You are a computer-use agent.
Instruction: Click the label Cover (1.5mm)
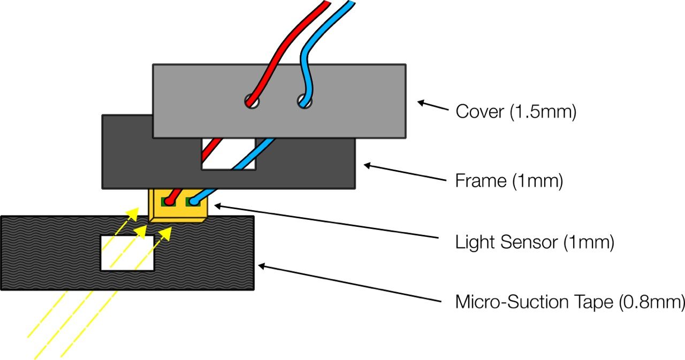[515, 112]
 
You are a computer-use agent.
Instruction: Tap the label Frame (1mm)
[509, 181]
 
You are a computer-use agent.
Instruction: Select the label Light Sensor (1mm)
[534, 242]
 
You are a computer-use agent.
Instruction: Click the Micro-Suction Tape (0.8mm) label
[569, 302]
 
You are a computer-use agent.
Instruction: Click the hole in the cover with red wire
[250, 100]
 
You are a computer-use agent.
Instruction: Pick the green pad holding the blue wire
[193, 202]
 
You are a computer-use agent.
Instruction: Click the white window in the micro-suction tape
[127, 252]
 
